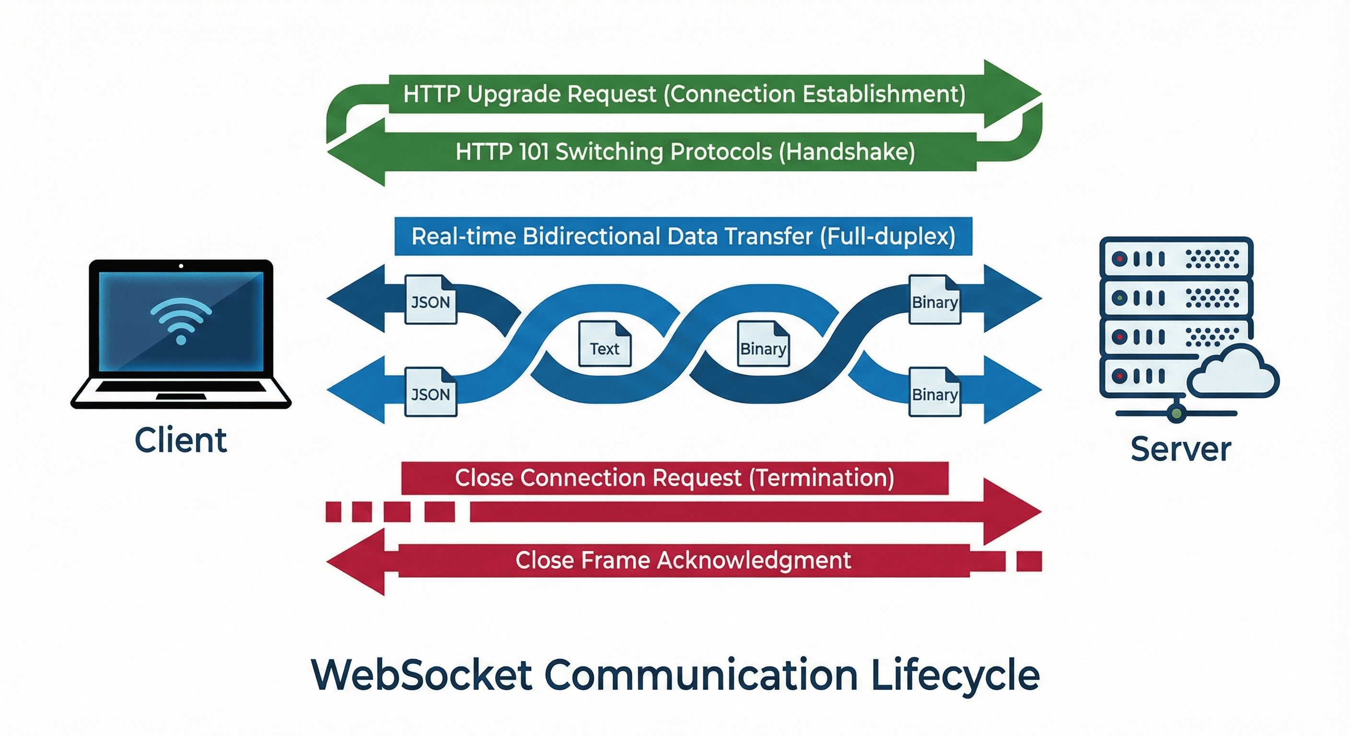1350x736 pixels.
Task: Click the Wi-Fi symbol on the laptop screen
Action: tap(181, 320)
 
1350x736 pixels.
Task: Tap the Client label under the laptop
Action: tap(181, 440)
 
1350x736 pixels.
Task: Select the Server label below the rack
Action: tap(1180, 449)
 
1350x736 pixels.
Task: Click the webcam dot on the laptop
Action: tap(181, 266)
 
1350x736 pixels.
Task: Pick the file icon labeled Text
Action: tap(605, 344)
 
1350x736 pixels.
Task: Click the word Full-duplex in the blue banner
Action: tap(887, 236)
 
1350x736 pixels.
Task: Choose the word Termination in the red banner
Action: tap(821, 478)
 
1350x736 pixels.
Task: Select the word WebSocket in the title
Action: tap(422, 675)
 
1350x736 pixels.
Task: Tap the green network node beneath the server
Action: tap(1176, 414)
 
